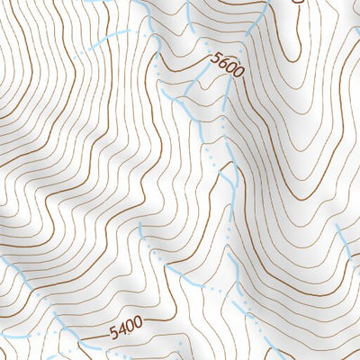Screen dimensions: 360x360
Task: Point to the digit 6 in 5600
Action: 225,65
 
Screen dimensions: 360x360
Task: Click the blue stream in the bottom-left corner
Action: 18,270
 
